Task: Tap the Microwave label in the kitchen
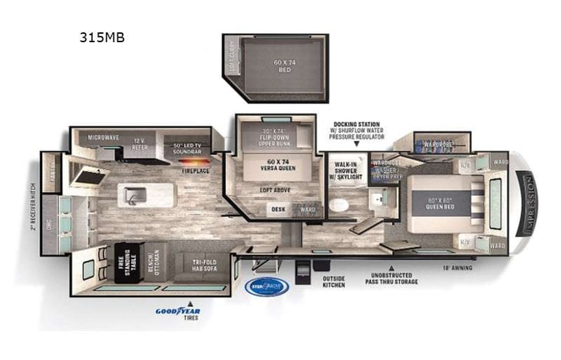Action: point(104,137)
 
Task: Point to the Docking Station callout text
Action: point(358,128)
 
